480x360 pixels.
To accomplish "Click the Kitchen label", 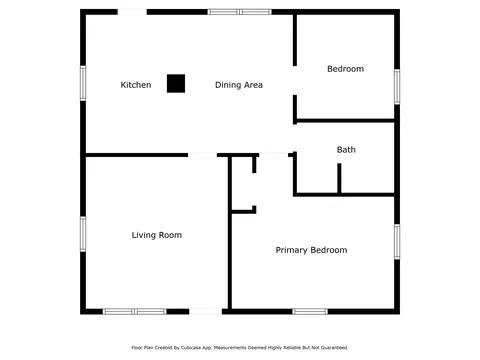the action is point(136,85).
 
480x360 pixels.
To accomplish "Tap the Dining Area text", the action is point(239,85).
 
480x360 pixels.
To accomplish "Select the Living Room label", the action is point(157,235).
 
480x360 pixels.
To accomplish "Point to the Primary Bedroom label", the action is point(311,250).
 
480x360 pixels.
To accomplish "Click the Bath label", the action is point(346,150).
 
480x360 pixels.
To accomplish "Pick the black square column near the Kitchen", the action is point(176,83).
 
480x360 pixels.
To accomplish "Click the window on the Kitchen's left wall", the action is point(83,83).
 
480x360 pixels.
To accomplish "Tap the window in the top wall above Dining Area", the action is point(240,12).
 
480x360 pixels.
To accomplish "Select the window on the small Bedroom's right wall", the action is point(397,87).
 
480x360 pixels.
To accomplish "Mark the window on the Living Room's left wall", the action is point(83,234).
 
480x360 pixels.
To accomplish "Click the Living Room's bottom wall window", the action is point(134,312).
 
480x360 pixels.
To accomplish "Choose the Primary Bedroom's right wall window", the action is point(397,242).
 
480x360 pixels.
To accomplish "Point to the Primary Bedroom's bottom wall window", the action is point(310,312).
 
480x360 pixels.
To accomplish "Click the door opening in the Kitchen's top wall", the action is point(132,12).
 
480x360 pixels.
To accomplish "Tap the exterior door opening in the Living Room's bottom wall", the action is point(206,312).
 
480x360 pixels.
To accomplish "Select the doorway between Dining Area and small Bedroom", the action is point(295,81).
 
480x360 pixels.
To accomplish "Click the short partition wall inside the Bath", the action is point(339,178).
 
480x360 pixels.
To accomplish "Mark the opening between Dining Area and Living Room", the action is point(202,155).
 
